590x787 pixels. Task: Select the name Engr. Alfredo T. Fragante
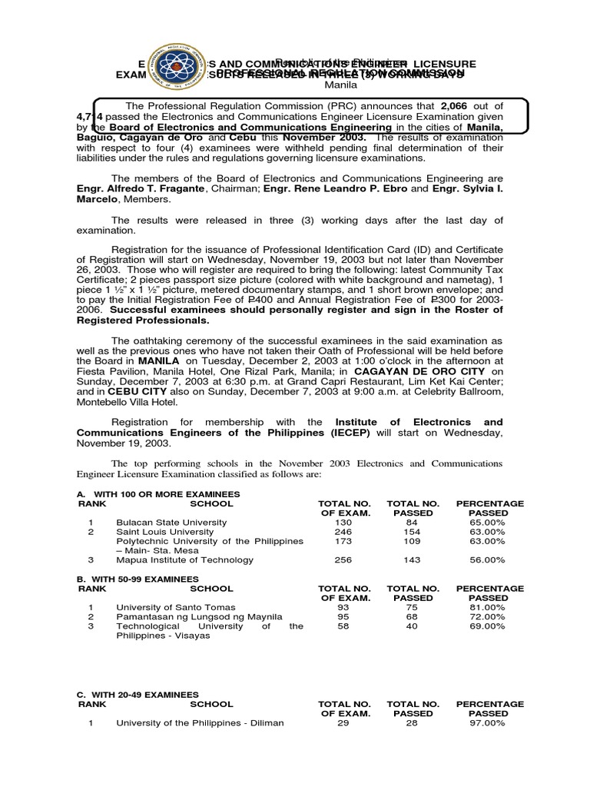(x=141, y=188)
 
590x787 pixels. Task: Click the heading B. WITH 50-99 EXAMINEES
(x=138, y=579)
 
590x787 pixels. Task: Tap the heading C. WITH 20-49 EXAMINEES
(x=138, y=694)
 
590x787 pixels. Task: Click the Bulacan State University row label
(x=171, y=523)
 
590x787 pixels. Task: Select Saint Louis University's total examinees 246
(x=343, y=532)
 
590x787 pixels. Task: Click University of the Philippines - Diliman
(x=200, y=723)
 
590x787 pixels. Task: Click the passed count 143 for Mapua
(x=413, y=560)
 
